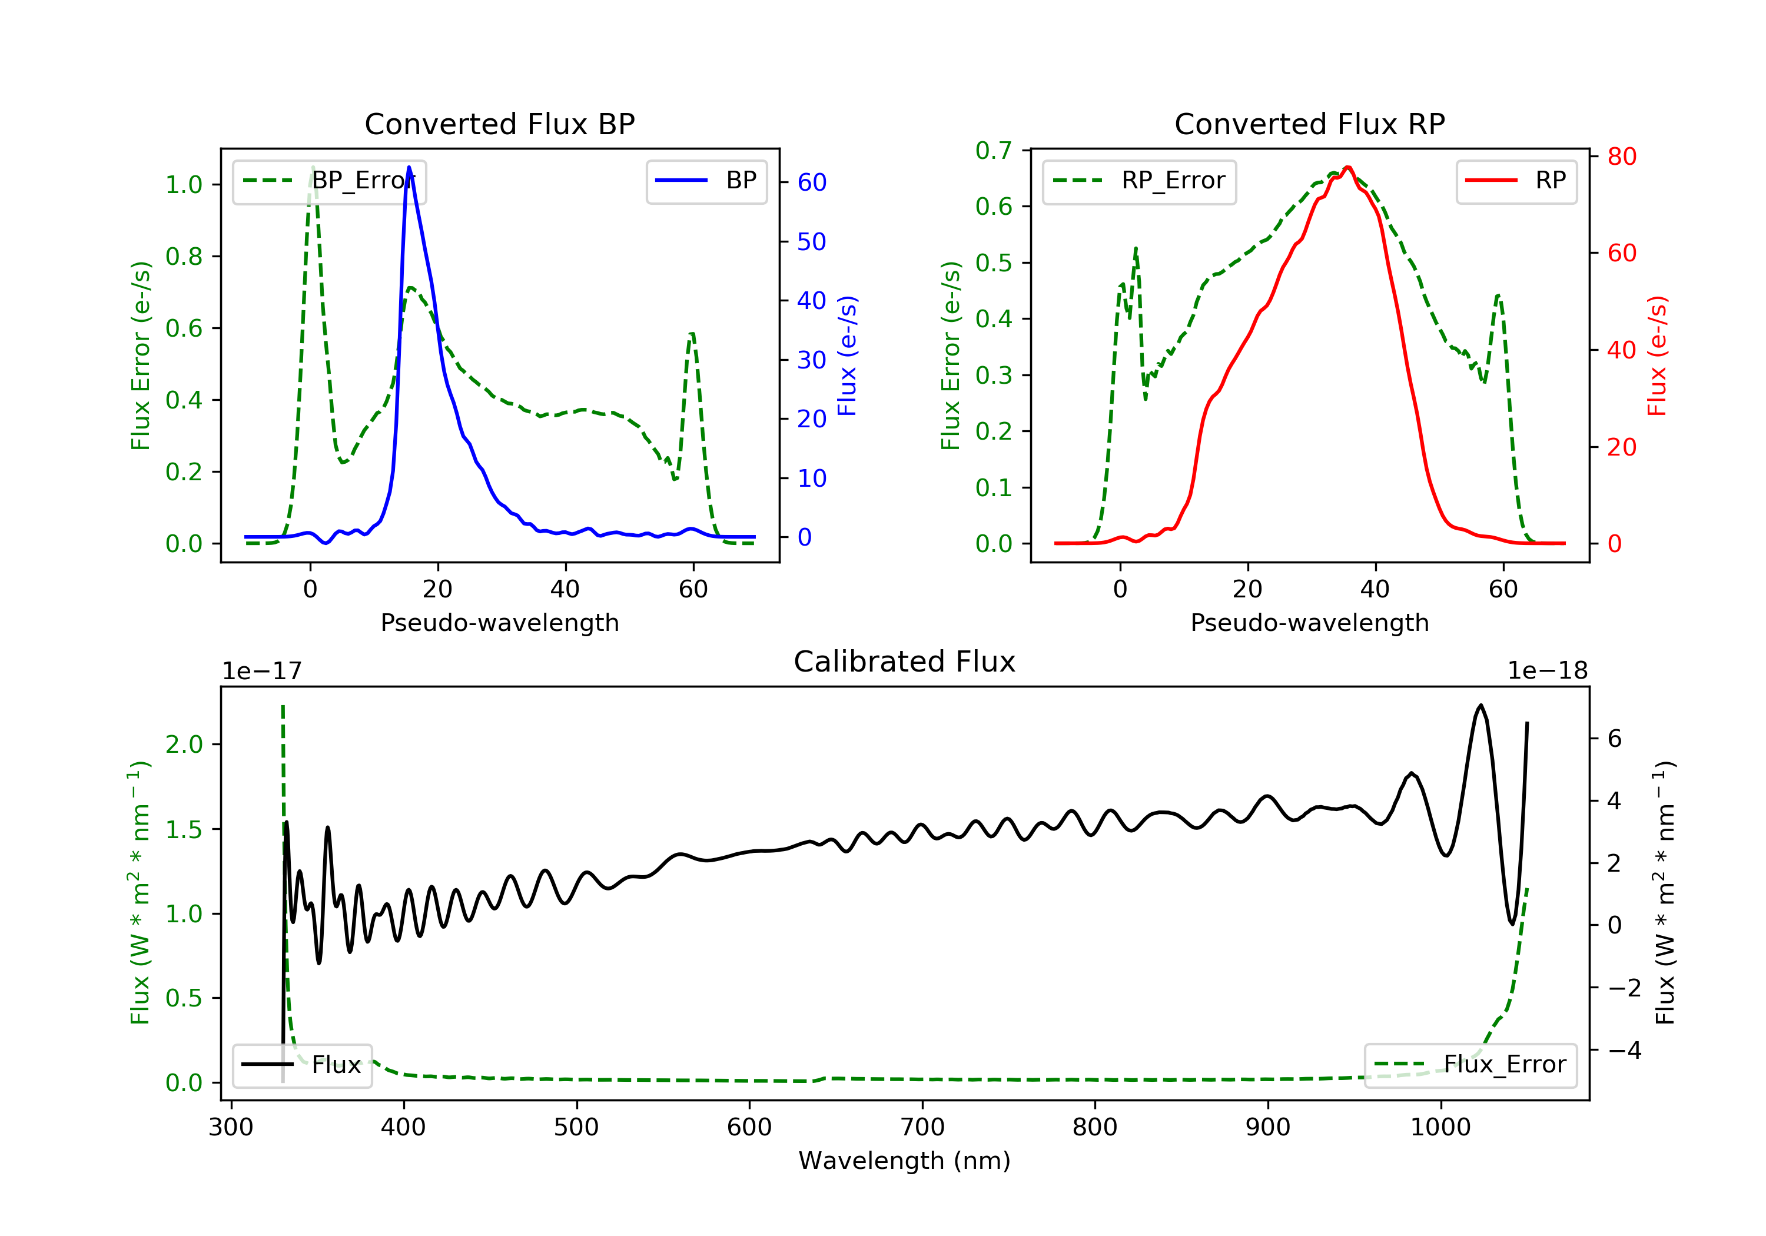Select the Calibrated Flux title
tap(905, 662)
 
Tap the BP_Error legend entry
tap(329, 181)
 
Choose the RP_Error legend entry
tap(1139, 181)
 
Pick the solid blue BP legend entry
tap(706, 181)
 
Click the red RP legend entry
tap(1516, 181)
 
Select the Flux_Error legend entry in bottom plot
tap(1470, 1065)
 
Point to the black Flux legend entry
tap(301, 1065)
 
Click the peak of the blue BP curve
tap(409, 167)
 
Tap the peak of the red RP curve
tap(1347, 167)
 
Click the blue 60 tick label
tap(811, 182)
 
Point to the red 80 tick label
tap(1621, 157)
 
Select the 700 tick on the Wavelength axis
tap(922, 1128)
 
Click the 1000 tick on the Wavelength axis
tap(1440, 1128)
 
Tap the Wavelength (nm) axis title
tap(905, 1161)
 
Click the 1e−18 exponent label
tap(1548, 671)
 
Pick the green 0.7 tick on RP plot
tap(994, 150)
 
